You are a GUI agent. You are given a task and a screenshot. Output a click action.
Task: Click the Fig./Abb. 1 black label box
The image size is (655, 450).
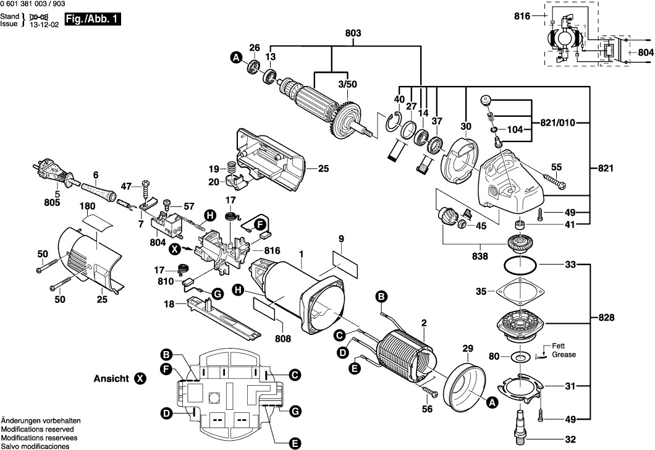92,20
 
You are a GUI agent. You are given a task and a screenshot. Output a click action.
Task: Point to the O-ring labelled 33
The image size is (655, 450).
520,265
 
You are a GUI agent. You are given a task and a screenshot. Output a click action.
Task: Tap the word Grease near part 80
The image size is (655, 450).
564,355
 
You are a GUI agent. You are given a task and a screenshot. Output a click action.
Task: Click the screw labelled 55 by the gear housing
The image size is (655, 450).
554,180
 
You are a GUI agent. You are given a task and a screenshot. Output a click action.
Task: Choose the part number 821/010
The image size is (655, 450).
558,122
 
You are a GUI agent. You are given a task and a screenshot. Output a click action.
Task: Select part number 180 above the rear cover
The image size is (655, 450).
87,205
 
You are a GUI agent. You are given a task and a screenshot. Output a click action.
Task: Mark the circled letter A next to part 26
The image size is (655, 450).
235,58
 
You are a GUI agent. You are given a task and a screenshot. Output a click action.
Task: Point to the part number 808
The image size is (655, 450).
282,339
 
